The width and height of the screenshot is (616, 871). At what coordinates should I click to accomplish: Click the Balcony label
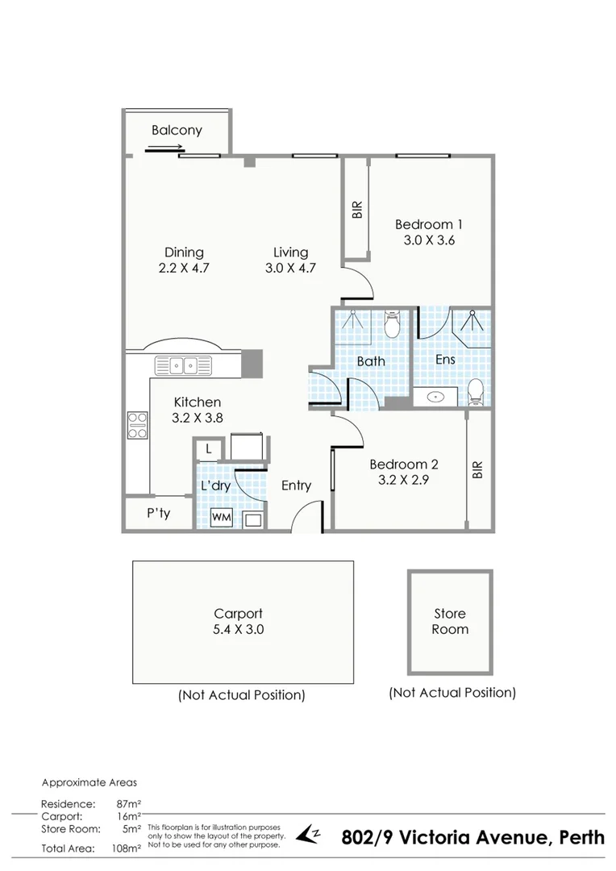[x=177, y=130]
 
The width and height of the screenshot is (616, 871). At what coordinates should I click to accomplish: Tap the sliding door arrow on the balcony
[x=165, y=148]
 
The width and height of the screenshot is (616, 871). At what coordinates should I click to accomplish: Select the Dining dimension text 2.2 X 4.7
[x=184, y=269]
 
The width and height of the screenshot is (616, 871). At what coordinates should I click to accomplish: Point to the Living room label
[x=290, y=252]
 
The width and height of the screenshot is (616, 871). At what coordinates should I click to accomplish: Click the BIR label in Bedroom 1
[x=357, y=210]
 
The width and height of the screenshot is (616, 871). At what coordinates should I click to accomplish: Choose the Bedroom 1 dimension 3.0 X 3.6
[x=429, y=240]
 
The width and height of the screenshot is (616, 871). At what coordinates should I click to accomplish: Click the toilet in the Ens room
[x=476, y=392]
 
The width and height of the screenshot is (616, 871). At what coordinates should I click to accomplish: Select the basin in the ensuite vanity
[x=436, y=397]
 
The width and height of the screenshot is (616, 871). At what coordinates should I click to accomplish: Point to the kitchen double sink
[x=184, y=365]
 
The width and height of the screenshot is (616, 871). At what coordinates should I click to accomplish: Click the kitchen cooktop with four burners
[x=137, y=424]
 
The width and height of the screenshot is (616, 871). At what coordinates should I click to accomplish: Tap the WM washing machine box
[x=221, y=518]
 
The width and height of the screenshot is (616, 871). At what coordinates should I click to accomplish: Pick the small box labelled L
[x=209, y=449]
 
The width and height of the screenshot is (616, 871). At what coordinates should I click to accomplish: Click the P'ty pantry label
[x=158, y=514]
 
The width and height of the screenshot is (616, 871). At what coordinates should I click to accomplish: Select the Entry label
[x=296, y=486]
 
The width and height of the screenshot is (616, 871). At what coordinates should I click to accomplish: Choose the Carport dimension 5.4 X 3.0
[x=238, y=629]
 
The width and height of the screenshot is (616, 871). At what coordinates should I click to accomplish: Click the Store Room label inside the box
[x=449, y=621]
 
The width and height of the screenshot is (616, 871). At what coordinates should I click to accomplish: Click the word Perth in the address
[x=578, y=837]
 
